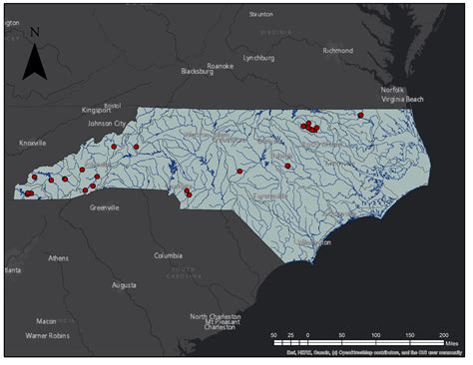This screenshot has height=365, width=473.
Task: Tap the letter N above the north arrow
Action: coord(34,32)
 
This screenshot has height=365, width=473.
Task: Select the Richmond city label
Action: coord(337,51)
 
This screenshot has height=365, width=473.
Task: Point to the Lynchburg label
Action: coord(259,59)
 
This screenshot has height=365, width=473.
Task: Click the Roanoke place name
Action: coord(220,66)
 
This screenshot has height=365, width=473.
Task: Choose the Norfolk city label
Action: coord(392,91)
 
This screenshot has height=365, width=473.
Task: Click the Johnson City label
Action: coord(107,124)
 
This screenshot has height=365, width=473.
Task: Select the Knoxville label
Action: coord(33,143)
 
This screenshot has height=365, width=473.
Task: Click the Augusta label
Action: coord(124,285)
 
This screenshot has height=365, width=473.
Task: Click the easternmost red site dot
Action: coord(360,116)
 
